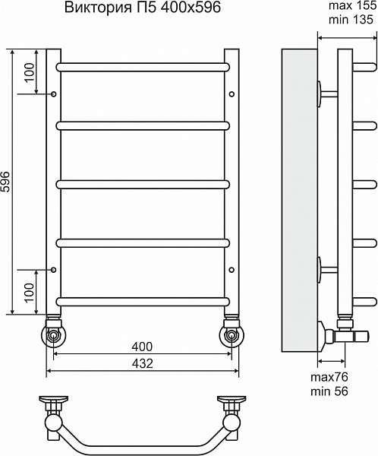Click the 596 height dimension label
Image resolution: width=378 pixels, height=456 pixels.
(x=5, y=182)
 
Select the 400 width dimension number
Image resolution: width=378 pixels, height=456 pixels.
(x=142, y=347)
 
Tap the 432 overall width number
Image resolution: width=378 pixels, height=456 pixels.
(x=142, y=363)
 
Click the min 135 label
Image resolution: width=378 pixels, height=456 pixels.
(x=351, y=20)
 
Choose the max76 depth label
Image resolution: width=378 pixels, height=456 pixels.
(x=329, y=377)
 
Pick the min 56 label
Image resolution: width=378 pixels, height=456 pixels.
(x=329, y=391)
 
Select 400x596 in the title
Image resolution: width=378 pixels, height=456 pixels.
(x=191, y=8)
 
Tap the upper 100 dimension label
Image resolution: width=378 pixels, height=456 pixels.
(x=30, y=73)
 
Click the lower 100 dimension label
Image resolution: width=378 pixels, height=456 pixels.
(x=30, y=293)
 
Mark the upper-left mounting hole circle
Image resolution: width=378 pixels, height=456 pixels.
(x=53, y=94)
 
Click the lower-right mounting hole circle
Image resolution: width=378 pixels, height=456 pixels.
(x=232, y=270)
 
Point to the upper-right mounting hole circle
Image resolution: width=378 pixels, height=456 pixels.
(x=232, y=94)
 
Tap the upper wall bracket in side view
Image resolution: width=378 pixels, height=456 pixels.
(x=326, y=94)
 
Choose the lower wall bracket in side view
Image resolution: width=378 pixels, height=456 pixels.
(x=326, y=270)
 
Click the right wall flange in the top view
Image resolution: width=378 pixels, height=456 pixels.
(x=232, y=400)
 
